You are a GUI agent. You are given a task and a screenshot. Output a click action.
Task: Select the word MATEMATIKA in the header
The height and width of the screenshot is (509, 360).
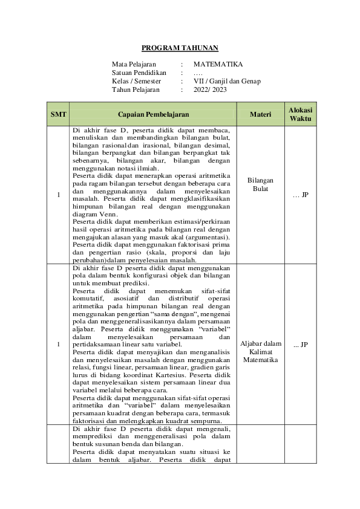[x=218, y=63]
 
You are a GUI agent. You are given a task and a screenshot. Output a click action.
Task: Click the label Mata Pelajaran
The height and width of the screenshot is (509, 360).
[x=134, y=63]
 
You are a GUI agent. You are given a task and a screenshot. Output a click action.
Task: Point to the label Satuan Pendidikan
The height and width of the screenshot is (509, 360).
[x=139, y=72]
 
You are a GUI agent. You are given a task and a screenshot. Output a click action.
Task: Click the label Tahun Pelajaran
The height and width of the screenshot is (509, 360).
[x=136, y=89]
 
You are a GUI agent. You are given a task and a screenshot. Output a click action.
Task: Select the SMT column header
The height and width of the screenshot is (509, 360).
[x=59, y=114]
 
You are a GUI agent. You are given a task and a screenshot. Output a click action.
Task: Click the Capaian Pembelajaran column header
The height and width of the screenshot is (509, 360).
[x=153, y=114]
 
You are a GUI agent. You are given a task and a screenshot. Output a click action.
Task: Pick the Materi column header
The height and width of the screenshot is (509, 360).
[x=260, y=114]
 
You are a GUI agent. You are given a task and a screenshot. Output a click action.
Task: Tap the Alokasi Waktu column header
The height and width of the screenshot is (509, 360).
[x=300, y=114]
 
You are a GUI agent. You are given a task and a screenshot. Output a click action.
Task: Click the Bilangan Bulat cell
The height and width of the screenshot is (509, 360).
[x=260, y=184]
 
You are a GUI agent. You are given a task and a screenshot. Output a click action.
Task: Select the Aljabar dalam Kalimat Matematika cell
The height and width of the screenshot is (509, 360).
[x=260, y=351]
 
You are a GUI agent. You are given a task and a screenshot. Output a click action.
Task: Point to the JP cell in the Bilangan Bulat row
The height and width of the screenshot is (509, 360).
[x=300, y=195]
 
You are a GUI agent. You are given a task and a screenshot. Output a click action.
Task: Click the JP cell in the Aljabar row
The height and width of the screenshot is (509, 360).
[x=300, y=345]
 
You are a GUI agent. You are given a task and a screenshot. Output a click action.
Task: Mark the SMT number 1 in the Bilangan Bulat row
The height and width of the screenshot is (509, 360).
[x=59, y=195]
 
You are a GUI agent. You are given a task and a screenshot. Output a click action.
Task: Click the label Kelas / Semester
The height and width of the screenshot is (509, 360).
[x=136, y=80]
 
